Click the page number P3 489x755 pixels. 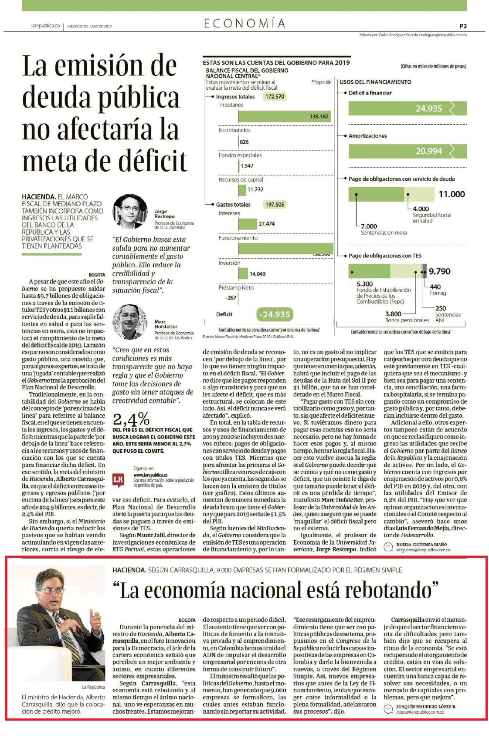coord(463,26)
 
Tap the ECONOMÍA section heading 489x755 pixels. coord(244,24)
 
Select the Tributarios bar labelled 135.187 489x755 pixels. coord(285,117)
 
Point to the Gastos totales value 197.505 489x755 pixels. coord(275,205)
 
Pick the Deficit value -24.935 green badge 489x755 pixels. coord(274,314)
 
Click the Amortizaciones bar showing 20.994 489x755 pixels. coord(407,151)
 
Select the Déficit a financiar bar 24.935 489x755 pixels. coord(407,108)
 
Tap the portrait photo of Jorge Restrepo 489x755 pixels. coord(130,212)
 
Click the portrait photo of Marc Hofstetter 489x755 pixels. coord(130,322)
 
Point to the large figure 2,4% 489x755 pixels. coord(131,419)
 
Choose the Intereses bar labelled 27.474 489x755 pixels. coord(248,223)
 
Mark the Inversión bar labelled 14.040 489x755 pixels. coord(243,273)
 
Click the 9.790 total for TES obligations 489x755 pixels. coord(439,271)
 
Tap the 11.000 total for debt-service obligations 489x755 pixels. coord(452,194)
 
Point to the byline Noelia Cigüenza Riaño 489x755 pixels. coord(421,544)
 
